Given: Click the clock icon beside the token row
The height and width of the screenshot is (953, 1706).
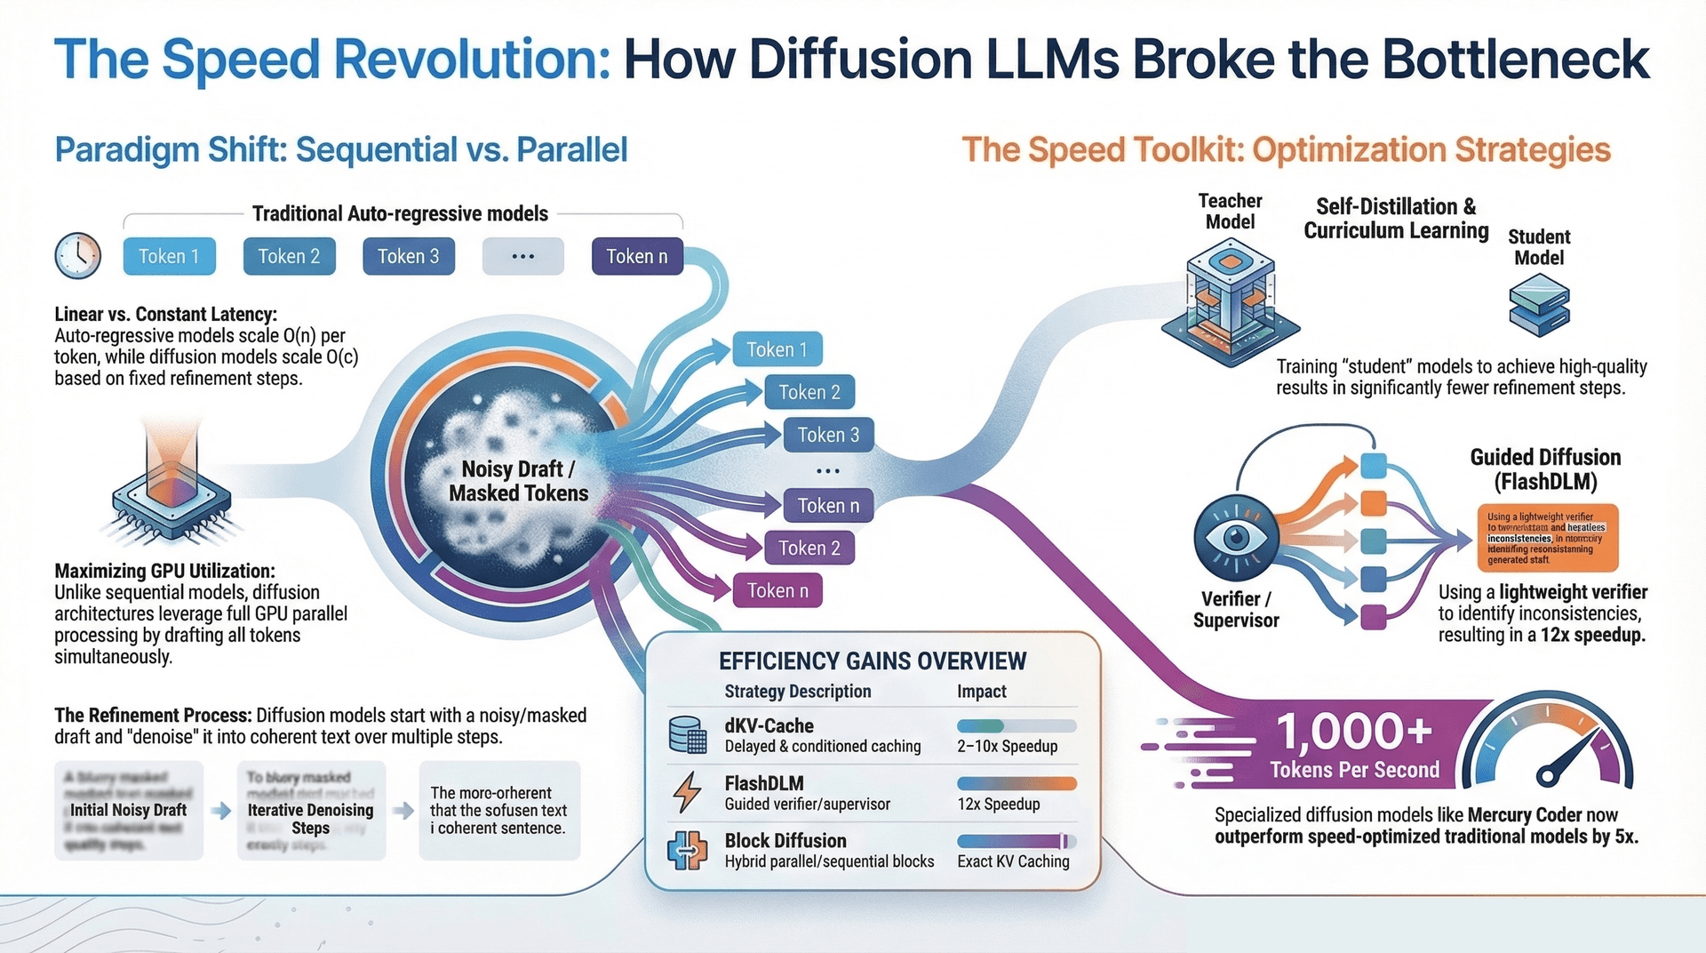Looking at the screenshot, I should (x=77, y=256).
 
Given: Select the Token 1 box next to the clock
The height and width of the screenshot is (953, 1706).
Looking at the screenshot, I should (x=169, y=256).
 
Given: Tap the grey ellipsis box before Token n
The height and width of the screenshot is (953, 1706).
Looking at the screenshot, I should (x=522, y=256).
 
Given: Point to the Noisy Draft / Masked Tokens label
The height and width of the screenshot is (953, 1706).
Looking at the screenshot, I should (x=518, y=481).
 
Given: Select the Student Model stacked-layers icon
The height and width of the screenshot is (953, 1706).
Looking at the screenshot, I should (x=1539, y=305).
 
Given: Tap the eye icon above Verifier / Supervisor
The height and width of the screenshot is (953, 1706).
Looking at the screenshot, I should (x=1236, y=537).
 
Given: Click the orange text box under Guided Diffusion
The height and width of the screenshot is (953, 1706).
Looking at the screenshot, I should (x=1546, y=538).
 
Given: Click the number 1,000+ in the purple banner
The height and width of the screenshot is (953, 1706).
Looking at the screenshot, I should (x=1354, y=733).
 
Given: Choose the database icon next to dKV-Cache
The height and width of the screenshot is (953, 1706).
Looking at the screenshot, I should (x=687, y=735).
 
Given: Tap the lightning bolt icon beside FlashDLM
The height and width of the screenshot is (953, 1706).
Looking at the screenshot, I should (x=687, y=792).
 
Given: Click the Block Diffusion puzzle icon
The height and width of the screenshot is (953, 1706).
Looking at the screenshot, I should (x=687, y=850).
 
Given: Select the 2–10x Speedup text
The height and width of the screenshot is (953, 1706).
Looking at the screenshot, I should (x=1007, y=747).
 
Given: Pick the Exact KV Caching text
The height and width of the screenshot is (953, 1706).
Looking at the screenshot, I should (x=1013, y=861).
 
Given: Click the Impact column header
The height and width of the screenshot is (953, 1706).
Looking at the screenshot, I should (x=981, y=692).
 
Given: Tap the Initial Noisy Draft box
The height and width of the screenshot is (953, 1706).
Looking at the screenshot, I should (x=129, y=810).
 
